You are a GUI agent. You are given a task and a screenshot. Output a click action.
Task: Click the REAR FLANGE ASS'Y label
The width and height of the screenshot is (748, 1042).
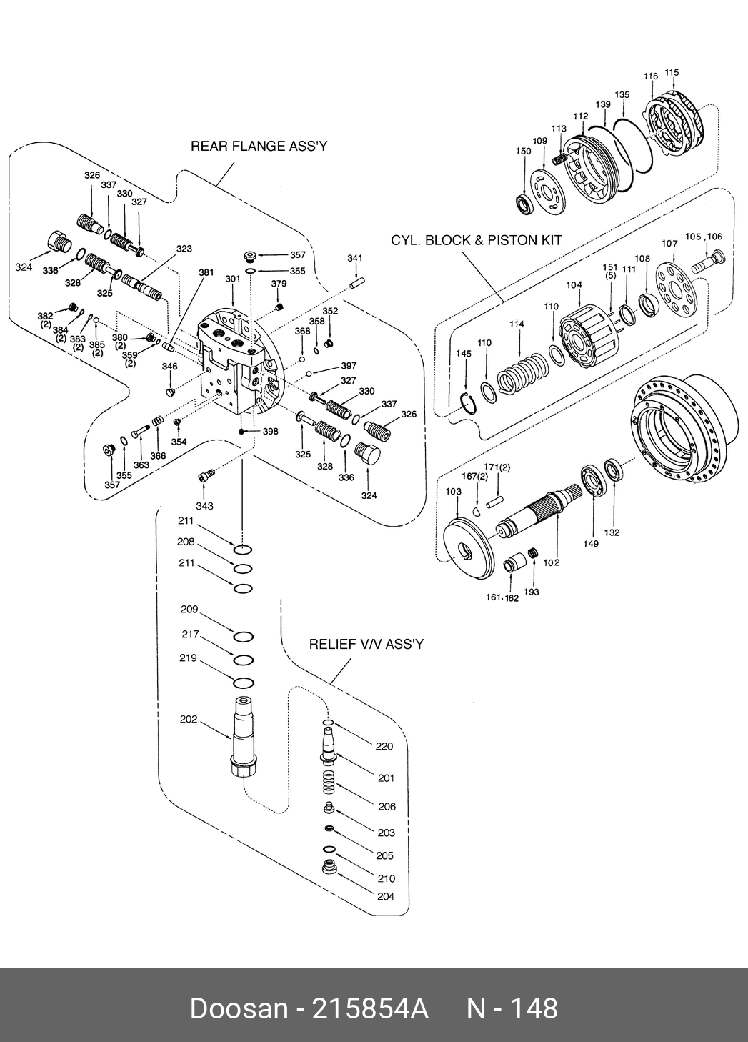tap(259, 147)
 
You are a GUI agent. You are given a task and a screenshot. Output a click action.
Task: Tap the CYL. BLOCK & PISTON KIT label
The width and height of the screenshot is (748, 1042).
tap(476, 240)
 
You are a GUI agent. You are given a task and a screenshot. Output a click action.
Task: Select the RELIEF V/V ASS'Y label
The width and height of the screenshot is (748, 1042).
tap(366, 644)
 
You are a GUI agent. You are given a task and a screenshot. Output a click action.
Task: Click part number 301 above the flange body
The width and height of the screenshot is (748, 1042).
tap(233, 279)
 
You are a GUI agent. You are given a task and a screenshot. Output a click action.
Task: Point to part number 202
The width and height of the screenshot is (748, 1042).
tap(188, 720)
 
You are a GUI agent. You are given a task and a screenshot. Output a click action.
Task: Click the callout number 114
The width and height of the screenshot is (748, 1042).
tap(517, 324)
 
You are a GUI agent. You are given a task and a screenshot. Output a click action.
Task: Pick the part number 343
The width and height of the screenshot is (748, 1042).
tap(204, 506)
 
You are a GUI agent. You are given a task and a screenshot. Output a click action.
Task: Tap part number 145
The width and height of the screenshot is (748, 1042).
tap(463, 354)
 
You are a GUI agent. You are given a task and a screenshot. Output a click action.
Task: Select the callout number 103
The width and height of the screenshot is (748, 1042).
tap(453, 492)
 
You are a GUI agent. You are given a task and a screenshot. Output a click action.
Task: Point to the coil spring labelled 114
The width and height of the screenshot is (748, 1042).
tap(525, 369)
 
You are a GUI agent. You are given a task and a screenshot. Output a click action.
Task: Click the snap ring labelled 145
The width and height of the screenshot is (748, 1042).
tap(469, 404)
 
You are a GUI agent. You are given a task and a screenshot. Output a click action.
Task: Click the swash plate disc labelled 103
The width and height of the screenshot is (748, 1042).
tap(468, 547)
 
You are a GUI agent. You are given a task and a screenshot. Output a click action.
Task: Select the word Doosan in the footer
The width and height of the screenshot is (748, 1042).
tap(239, 1008)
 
